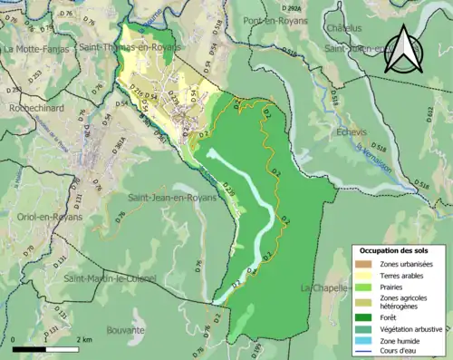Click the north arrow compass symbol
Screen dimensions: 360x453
tap(403, 49)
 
